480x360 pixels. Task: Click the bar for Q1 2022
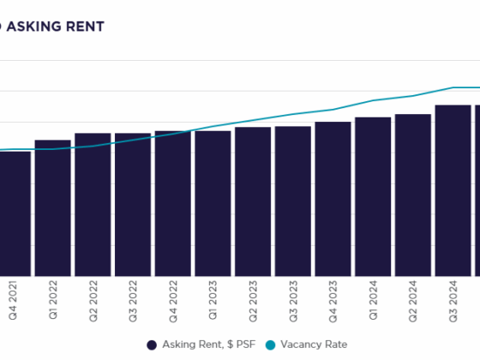pyautogui.click(x=52, y=207)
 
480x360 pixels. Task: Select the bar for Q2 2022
pyautogui.click(x=93, y=204)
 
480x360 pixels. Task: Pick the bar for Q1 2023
pyautogui.click(x=213, y=203)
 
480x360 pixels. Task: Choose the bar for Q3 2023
pyautogui.click(x=293, y=201)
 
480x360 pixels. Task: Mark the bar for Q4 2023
pyautogui.click(x=333, y=199)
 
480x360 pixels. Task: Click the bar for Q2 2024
pyautogui.click(x=413, y=195)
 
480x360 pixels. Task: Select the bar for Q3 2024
pyautogui.click(x=453, y=190)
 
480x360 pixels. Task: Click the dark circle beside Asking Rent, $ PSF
pyautogui.click(x=152, y=344)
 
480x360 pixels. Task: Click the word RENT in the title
pyautogui.click(x=85, y=27)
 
